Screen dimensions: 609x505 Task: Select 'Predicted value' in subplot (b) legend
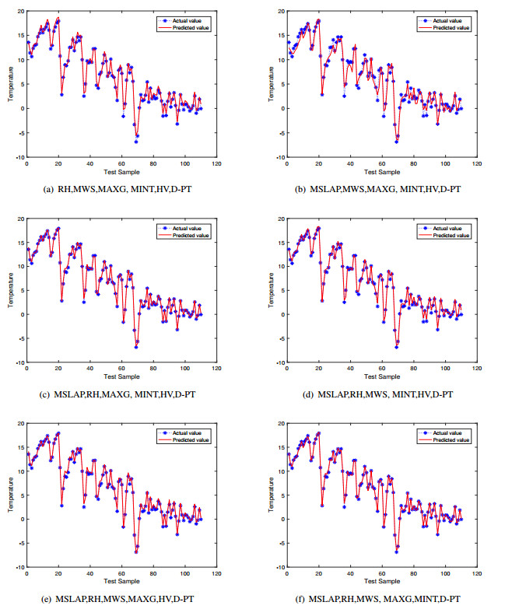pos(451,27)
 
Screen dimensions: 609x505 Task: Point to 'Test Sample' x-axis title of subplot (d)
pos(381,376)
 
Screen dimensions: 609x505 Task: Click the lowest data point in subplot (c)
pos(135,348)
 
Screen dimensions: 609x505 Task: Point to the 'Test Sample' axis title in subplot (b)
pos(381,171)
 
